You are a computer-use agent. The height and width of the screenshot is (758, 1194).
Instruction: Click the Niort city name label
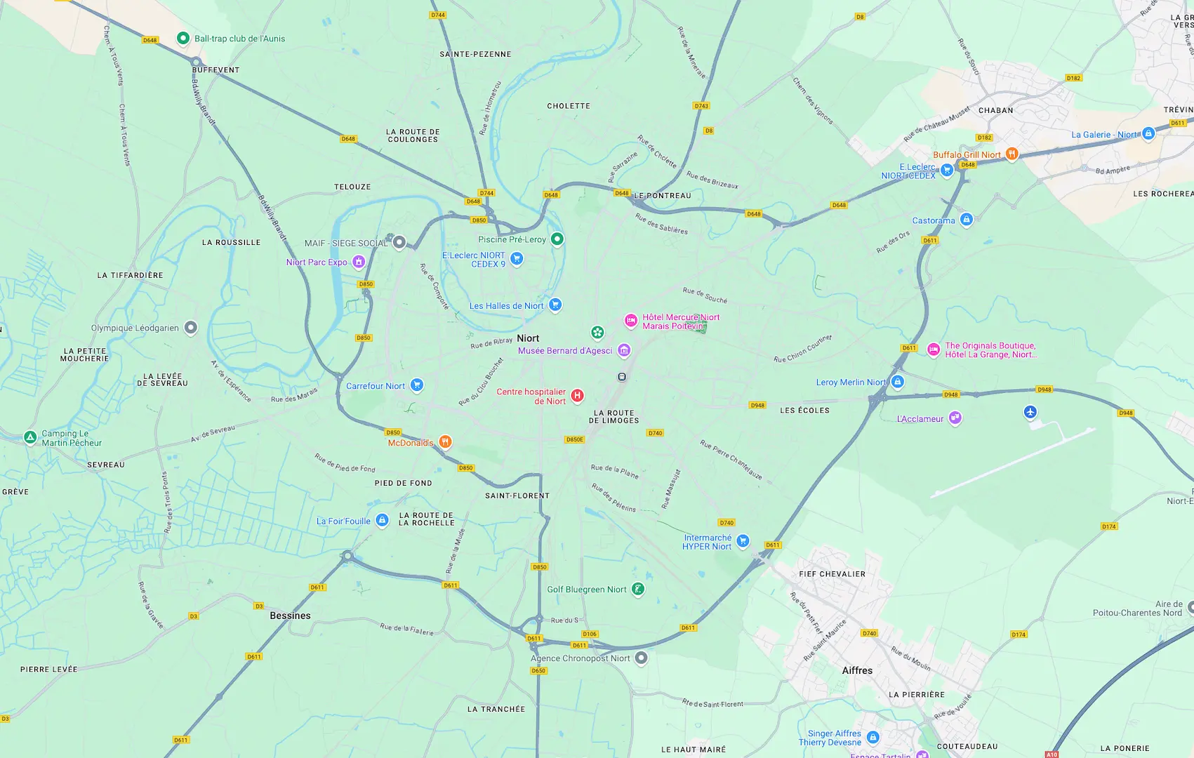coord(528,338)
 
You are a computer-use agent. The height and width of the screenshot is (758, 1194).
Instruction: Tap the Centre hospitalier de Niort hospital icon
coord(577,396)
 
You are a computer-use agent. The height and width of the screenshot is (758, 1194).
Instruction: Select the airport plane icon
coord(1030,412)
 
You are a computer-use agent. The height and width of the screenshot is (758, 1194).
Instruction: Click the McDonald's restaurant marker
coord(445,441)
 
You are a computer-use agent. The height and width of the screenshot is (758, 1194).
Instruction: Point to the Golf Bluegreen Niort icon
coord(637,589)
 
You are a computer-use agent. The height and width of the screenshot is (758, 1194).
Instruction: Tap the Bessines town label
coord(290,616)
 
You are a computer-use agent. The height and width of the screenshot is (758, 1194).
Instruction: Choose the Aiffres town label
coord(857,670)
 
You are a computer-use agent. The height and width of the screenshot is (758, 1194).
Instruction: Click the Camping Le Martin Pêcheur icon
coord(30,437)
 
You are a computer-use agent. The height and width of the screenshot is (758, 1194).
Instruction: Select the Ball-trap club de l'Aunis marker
coord(183,38)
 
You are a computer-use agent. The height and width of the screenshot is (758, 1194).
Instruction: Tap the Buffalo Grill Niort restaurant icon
coord(1011,154)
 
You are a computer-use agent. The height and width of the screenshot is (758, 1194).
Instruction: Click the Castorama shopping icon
coord(966,220)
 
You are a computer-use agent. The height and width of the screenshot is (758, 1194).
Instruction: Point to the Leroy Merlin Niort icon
coord(897,382)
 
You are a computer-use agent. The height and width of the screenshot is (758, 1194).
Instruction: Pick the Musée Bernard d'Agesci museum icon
coord(623,350)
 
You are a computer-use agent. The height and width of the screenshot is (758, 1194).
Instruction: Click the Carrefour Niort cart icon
coord(416,385)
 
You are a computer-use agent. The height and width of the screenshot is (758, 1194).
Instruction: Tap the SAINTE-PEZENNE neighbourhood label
coord(475,54)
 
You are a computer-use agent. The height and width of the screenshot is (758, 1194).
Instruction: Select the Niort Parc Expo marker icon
coord(358,262)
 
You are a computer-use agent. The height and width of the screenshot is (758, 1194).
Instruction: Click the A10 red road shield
coord(1051,754)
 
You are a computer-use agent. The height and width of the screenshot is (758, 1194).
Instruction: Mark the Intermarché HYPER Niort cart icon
coord(743,540)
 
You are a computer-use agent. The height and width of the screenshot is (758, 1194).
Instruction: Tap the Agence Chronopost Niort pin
coord(641,658)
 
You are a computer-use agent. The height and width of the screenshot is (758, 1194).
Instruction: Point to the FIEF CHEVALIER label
coord(832,574)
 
